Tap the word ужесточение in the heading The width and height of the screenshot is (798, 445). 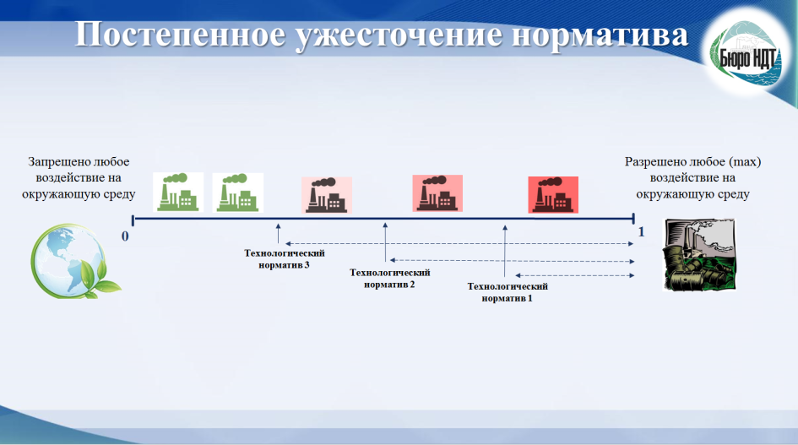click(399, 35)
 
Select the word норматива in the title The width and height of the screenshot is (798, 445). click(600, 35)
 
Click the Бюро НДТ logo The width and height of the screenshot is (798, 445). click(746, 55)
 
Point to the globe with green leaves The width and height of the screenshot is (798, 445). click(75, 261)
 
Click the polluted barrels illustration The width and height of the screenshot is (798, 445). click(699, 254)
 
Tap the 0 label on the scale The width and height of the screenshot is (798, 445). click(125, 236)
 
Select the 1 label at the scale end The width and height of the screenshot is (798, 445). click(641, 232)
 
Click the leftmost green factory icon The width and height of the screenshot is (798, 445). click(178, 192)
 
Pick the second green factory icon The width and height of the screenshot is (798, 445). click(238, 193)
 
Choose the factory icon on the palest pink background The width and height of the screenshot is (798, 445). click(327, 195)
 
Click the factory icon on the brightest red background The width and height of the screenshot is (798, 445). click(553, 194)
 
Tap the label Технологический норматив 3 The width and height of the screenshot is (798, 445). click(285, 259)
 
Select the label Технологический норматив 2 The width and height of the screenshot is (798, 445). click(390, 279)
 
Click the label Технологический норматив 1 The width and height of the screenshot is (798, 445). click(508, 292)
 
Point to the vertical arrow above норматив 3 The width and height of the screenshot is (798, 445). click(278, 233)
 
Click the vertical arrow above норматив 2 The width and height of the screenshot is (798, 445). click(385, 242)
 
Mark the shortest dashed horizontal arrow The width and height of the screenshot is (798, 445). click(574, 275)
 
